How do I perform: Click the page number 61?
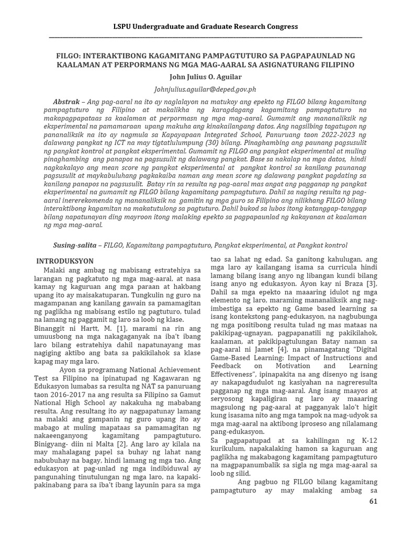373,501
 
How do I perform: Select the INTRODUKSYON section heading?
64,261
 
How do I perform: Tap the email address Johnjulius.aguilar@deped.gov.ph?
200,90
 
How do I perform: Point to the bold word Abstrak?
66,100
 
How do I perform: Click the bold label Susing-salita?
75,245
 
